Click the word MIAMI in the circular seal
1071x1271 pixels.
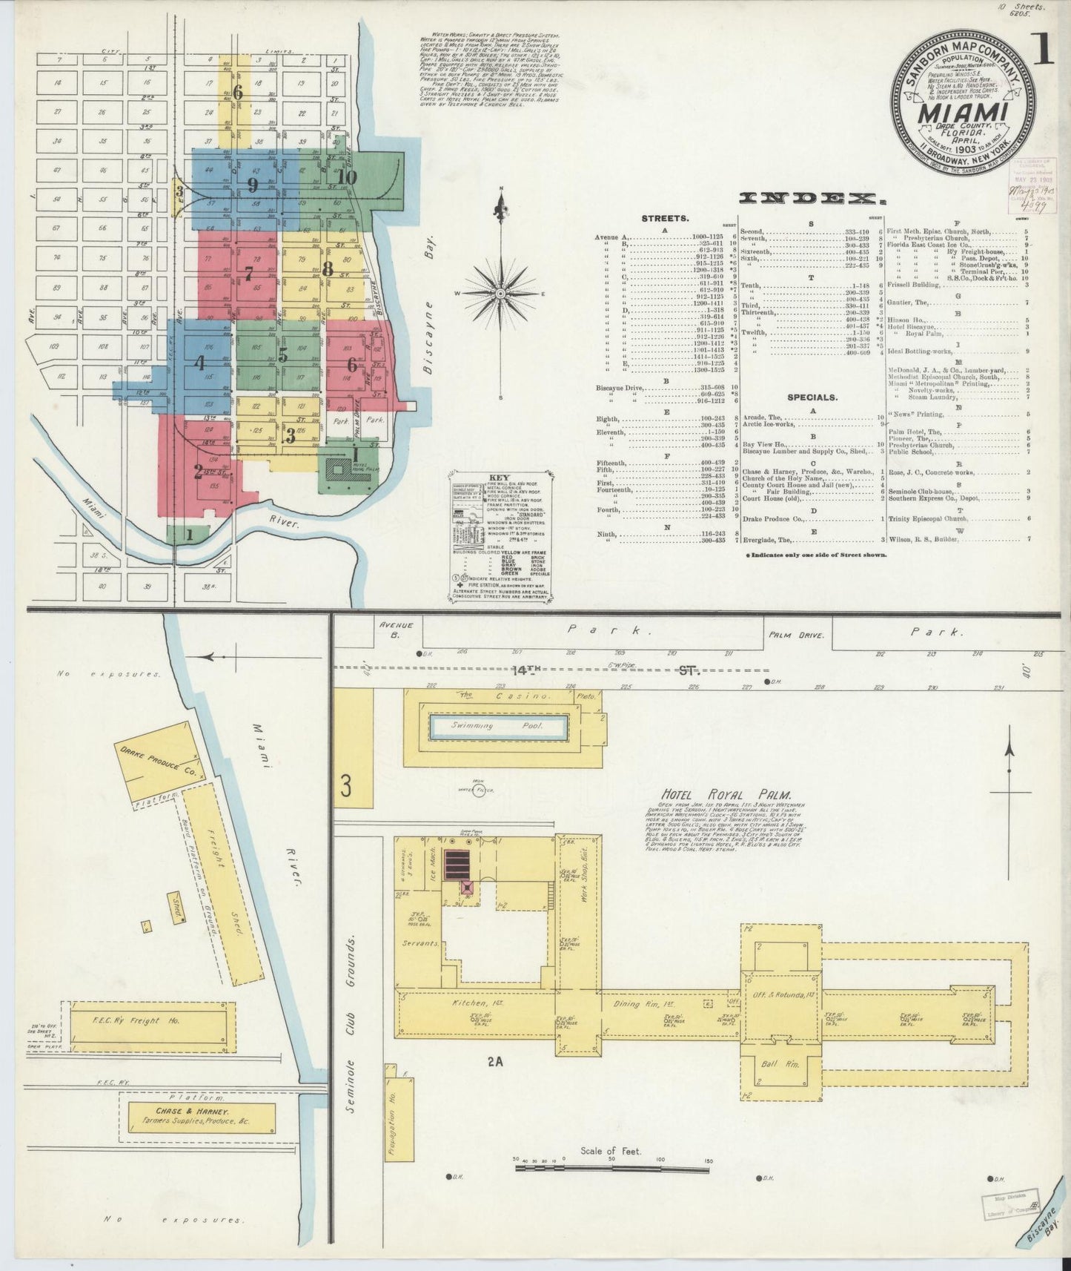coord(963,113)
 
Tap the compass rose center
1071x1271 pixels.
coord(501,294)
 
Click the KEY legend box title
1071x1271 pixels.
coord(496,479)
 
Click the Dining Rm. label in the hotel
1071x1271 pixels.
coord(633,1004)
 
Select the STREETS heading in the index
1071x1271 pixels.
coord(664,219)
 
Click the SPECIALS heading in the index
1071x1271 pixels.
coord(812,397)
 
